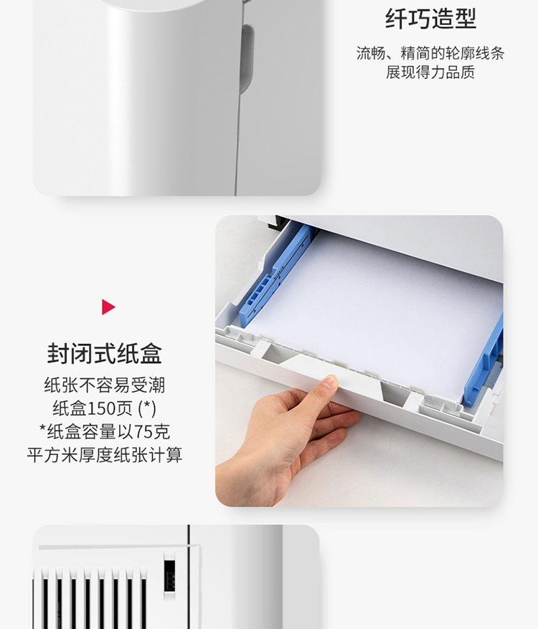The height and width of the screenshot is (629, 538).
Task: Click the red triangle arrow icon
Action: click(108, 307)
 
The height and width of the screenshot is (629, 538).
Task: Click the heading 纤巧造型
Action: click(430, 19)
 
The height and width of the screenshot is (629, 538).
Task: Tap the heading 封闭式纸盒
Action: click(105, 353)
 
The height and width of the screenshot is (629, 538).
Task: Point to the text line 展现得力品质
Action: click(430, 72)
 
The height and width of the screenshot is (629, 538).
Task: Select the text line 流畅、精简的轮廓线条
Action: click(430, 53)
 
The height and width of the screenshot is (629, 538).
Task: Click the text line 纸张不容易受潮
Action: click(105, 385)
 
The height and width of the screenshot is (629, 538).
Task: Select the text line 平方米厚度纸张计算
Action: click(105, 455)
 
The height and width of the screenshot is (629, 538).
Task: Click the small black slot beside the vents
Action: click(169, 576)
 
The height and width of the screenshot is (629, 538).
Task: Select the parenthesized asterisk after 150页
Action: click(147, 409)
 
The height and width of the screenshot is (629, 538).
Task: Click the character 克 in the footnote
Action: click(161, 432)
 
